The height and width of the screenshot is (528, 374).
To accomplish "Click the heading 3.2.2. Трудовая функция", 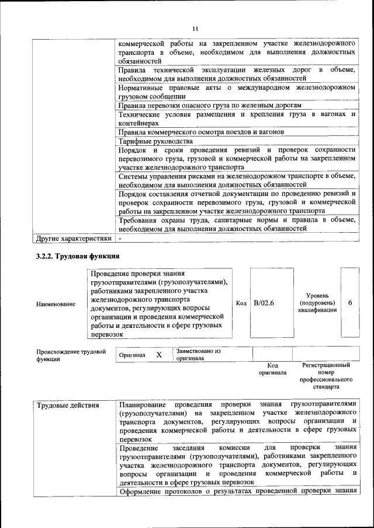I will (x=78, y=256).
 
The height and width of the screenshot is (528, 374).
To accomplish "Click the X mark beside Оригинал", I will (x=158, y=354).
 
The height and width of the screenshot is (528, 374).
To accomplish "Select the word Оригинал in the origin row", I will (x=132, y=355).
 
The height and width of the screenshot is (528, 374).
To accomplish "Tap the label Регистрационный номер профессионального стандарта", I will (x=325, y=375).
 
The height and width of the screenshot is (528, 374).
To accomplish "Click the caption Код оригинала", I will (x=272, y=369).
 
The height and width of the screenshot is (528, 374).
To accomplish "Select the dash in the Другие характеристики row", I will (x=120, y=239).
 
